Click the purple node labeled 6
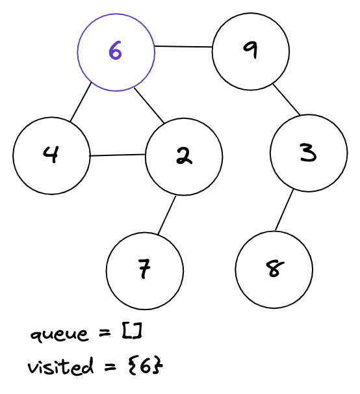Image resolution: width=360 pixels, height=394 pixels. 116,51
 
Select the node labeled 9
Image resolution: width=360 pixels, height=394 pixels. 250,51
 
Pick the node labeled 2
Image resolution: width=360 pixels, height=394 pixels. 184,156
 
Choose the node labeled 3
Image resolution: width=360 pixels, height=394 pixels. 309,153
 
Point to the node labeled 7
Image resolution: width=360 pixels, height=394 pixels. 145,269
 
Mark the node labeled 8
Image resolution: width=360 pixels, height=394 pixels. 274,269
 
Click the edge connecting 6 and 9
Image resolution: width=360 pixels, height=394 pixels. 183,47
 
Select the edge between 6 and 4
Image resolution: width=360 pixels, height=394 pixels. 81,103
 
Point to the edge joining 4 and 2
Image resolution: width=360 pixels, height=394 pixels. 117,155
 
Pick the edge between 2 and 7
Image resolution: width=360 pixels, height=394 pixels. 166,215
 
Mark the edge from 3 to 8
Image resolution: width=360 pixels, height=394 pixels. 284,210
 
